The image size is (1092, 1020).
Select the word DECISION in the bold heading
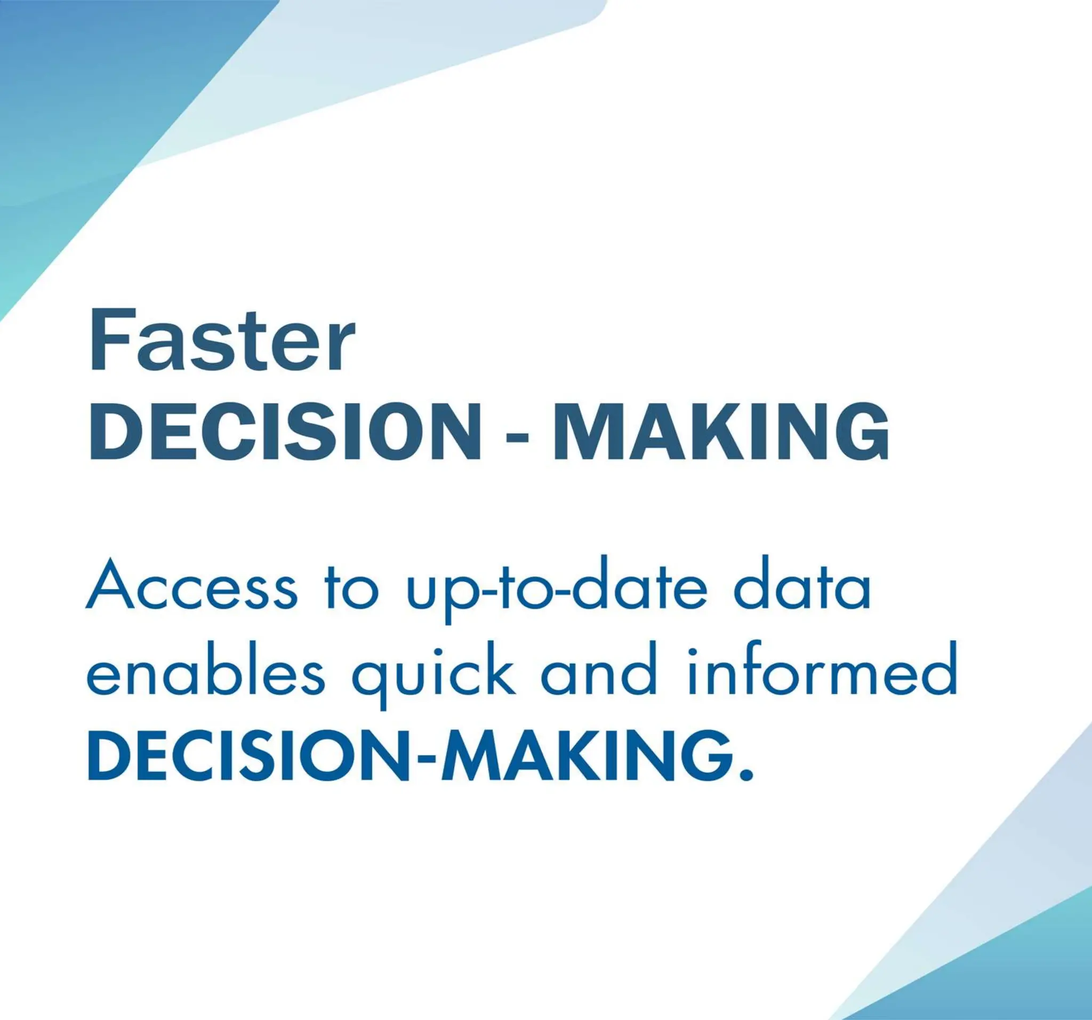tap(285, 432)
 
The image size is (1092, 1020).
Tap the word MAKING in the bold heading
tap(720, 432)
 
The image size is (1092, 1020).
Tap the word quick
tap(433, 673)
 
